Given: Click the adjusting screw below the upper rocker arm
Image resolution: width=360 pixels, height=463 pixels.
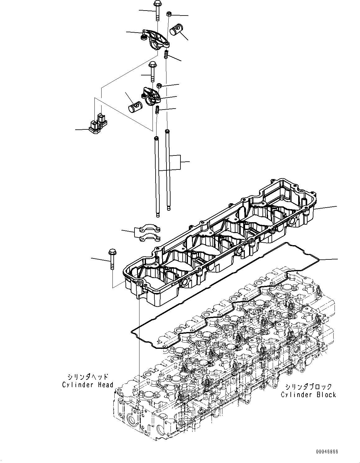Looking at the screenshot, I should pos(166,54).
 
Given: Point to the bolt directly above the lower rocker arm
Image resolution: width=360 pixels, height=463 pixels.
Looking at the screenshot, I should pos(152,71).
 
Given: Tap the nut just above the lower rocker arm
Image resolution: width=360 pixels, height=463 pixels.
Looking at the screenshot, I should pos(158,85).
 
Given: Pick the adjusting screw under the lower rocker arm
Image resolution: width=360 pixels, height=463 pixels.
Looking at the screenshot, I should pos(157,110).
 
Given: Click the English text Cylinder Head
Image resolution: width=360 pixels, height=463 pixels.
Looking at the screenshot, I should pos(88,385).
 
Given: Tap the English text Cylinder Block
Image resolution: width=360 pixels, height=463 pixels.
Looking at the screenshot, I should pos(308,395).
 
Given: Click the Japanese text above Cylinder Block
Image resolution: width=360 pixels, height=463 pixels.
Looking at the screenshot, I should pos(308,387).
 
